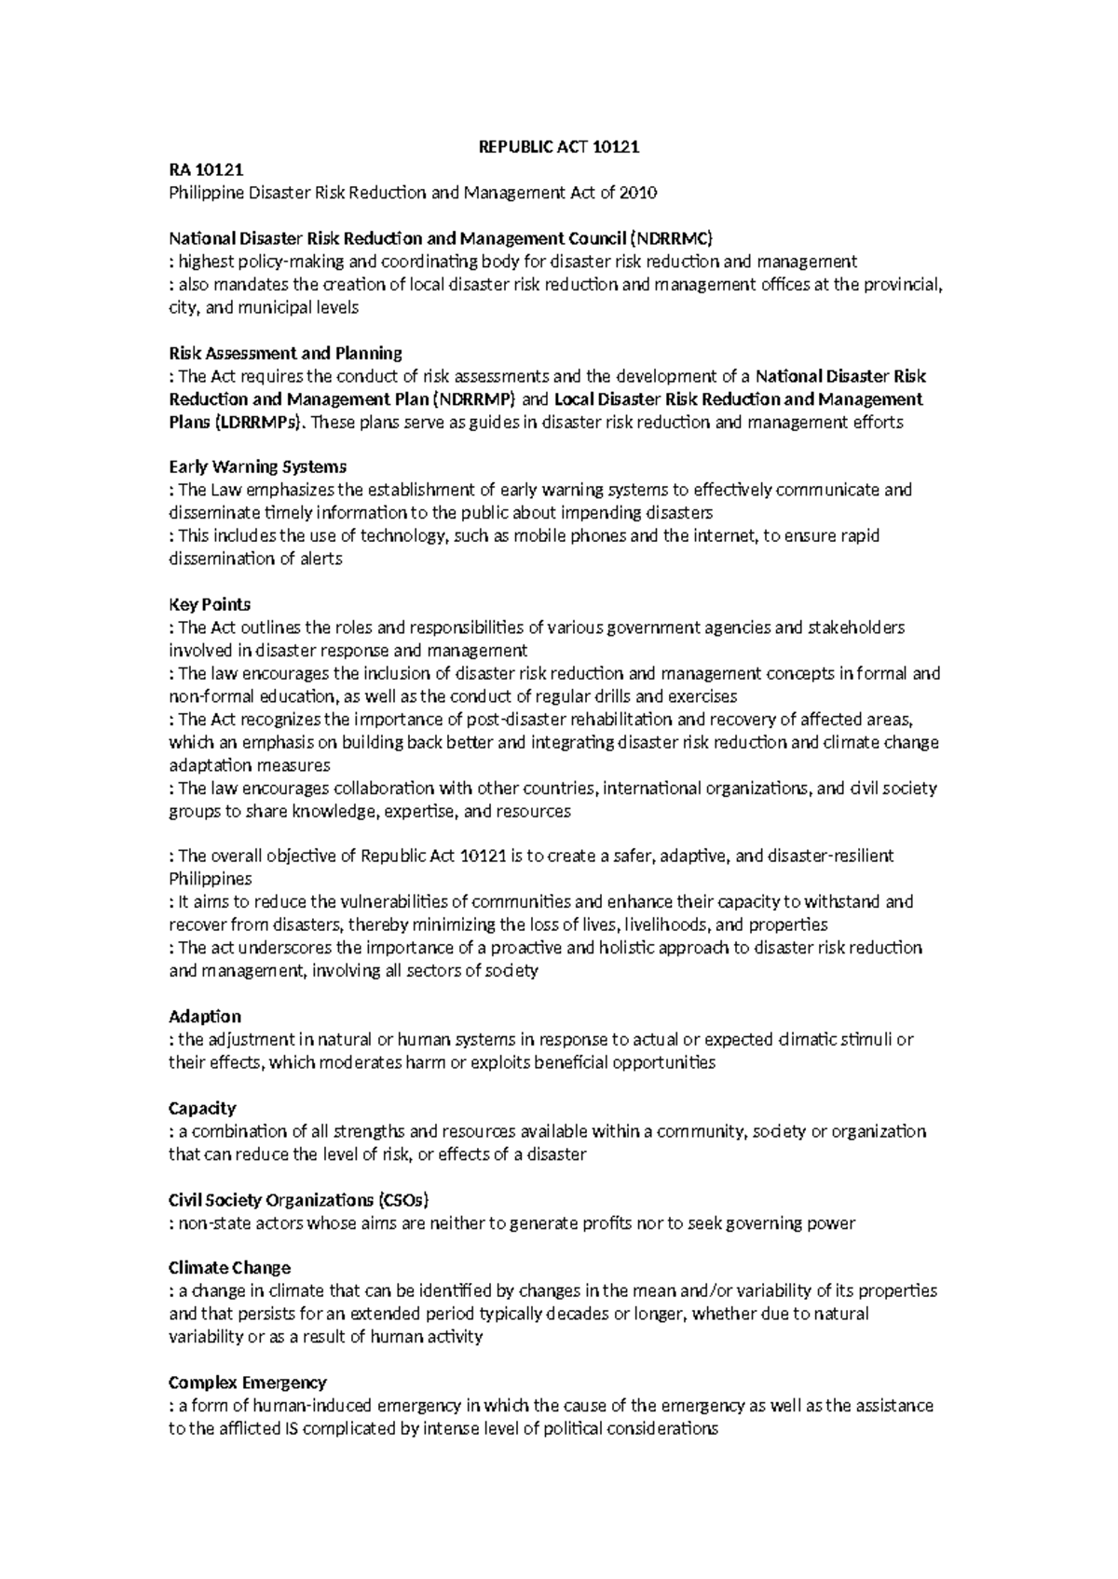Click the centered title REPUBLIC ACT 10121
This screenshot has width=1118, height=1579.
tap(559, 147)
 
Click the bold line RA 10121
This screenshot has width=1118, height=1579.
tap(205, 170)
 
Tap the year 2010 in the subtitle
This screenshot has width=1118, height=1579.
tap(638, 193)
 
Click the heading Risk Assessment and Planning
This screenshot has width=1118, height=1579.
tap(285, 353)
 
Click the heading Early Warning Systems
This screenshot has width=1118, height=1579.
tap(257, 466)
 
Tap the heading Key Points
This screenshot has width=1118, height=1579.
tap(210, 604)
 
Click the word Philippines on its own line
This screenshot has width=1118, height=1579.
tap(210, 879)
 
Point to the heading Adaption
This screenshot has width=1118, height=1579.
tap(205, 1016)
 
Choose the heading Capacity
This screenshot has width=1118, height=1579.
tap(202, 1108)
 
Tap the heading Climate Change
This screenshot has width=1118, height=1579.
tap(229, 1268)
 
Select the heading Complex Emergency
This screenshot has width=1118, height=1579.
tap(247, 1383)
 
